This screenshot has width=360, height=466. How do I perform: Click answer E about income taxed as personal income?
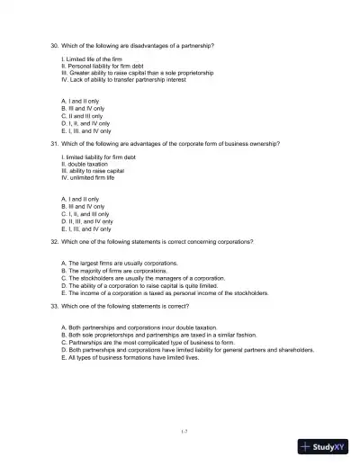[x=165, y=292]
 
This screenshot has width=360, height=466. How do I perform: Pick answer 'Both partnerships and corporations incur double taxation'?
[x=139, y=328]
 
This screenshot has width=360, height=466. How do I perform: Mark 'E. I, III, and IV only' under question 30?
[x=86, y=130]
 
